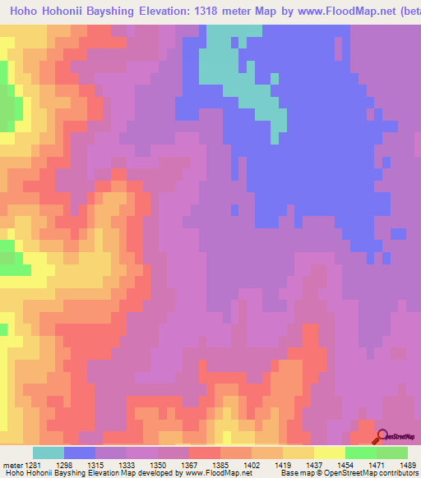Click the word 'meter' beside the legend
[13, 464]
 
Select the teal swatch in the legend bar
[49, 453]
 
